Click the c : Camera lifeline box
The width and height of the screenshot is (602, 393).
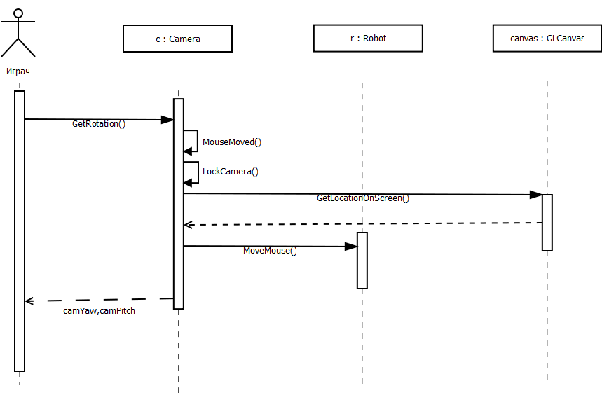click(x=177, y=39)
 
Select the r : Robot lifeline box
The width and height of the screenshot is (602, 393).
click(x=368, y=39)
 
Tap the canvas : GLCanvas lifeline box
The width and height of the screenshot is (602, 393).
click(x=547, y=39)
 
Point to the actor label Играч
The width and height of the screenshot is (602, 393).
click(x=18, y=71)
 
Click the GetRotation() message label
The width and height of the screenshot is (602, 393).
click(x=99, y=124)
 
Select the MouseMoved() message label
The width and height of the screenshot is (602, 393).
click(x=231, y=142)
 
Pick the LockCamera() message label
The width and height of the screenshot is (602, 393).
click(x=230, y=171)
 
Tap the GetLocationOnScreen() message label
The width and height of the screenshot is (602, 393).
click(x=362, y=198)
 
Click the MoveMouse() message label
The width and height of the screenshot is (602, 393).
click(x=270, y=250)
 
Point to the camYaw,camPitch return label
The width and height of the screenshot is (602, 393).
click(x=99, y=310)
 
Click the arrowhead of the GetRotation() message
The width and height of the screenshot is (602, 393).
click(x=167, y=120)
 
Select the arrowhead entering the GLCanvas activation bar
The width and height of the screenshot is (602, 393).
click(x=535, y=195)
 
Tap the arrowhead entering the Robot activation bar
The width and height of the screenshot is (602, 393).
click(x=351, y=247)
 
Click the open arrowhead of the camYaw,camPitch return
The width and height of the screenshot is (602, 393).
click(x=29, y=301)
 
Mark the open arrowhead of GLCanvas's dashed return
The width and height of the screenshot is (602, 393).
click(x=187, y=225)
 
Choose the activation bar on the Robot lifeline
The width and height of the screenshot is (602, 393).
click(x=362, y=260)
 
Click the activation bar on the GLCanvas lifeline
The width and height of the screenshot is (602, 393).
click(x=547, y=222)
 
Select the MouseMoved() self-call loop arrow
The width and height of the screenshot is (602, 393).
click(x=191, y=141)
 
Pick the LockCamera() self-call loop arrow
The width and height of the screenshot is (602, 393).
click(x=191, y=172)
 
